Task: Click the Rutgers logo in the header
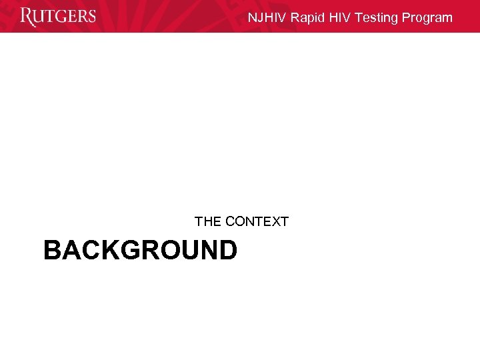pyautogui.click(x=58, y=16)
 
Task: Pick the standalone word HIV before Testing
pyautogui.click(x=341, y=18)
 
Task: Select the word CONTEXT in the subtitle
pyautogui.click(x=257, y=221)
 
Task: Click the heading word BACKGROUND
pyautogui.click(x=140, y=251)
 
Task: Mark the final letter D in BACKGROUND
pyautogui.click(x=227, y=251)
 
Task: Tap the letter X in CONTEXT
pyautogui.click(x=273, y=221)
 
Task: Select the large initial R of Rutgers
pyautogui.click(x=28, y=17)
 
